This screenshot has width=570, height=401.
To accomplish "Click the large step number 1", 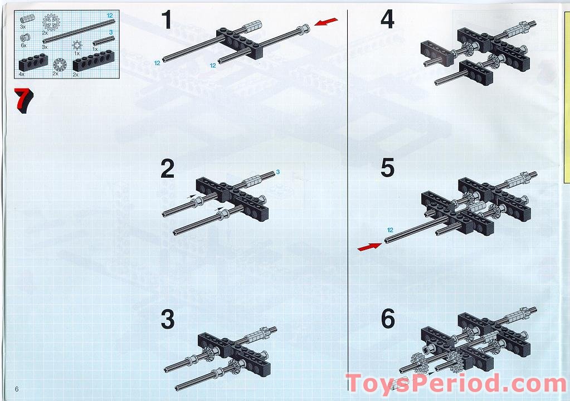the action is tap(167, 19).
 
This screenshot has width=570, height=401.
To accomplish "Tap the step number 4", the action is tap(387, 19).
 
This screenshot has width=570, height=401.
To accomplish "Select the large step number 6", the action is tap(388, 319).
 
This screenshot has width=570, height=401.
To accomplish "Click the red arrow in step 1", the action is tap(326, 22).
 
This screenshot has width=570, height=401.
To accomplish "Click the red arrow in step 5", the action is tap(370, 247).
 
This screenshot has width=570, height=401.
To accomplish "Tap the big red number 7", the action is tap(23, 100).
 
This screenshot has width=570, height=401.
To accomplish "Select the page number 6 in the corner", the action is tap(17, 389).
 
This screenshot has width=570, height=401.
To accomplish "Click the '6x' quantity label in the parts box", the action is tap(23, 46).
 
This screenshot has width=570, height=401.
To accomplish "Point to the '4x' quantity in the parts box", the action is tap(22, 74).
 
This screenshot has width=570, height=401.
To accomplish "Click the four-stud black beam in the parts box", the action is tap(33, 63).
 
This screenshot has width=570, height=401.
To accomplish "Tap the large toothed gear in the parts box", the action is tap(51, 22).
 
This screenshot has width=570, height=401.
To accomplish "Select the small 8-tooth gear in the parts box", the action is tap(77, 45).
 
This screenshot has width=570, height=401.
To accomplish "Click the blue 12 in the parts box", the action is tap(110, 16).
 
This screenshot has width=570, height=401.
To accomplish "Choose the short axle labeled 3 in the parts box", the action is tap(104, 41).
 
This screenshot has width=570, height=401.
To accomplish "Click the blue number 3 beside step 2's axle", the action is tap(277, 172).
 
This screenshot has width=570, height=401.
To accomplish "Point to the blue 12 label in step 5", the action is tap(390, 230).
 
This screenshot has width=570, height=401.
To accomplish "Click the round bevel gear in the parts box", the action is tap(60, 64).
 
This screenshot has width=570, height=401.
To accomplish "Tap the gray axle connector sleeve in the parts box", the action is tap(28, 18).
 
